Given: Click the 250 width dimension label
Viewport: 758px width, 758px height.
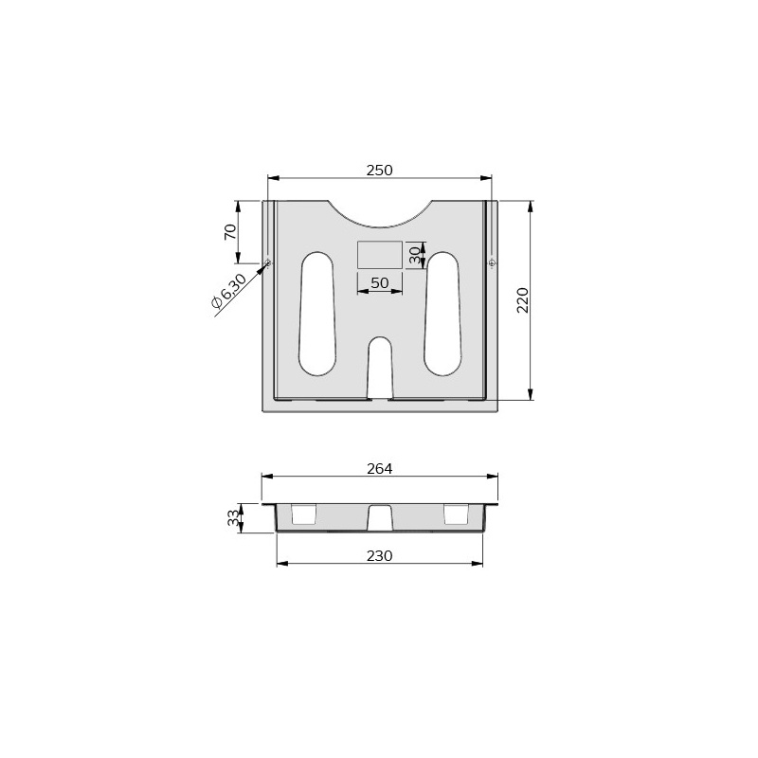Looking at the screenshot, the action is pyautogui.click(x=380, y=171).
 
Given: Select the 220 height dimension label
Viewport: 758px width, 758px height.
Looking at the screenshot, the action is pyautogui.click(x=523, y=300).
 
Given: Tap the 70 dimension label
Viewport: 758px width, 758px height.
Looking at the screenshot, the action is pyautogui.click(x=230, y=231).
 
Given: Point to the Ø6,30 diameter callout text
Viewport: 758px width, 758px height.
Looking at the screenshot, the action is pyautogui.click(x=228, y=291).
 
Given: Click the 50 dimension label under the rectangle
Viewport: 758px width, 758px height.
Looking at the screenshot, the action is pyautogui.click(x=380, y=282).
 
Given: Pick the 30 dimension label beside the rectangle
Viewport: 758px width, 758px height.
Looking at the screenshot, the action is pyautogui.click(x=415, y=255).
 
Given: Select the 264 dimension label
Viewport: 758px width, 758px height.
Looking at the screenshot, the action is pyautogui.click(x=380, y=468).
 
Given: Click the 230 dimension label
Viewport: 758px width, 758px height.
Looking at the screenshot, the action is pyautogui.click(x=380, y=556).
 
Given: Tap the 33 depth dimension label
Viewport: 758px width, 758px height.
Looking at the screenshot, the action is pyautogui.click(x=233, y=518).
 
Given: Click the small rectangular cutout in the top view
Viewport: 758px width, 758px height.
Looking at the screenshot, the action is pyautogui.click(x=380, y=255).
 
